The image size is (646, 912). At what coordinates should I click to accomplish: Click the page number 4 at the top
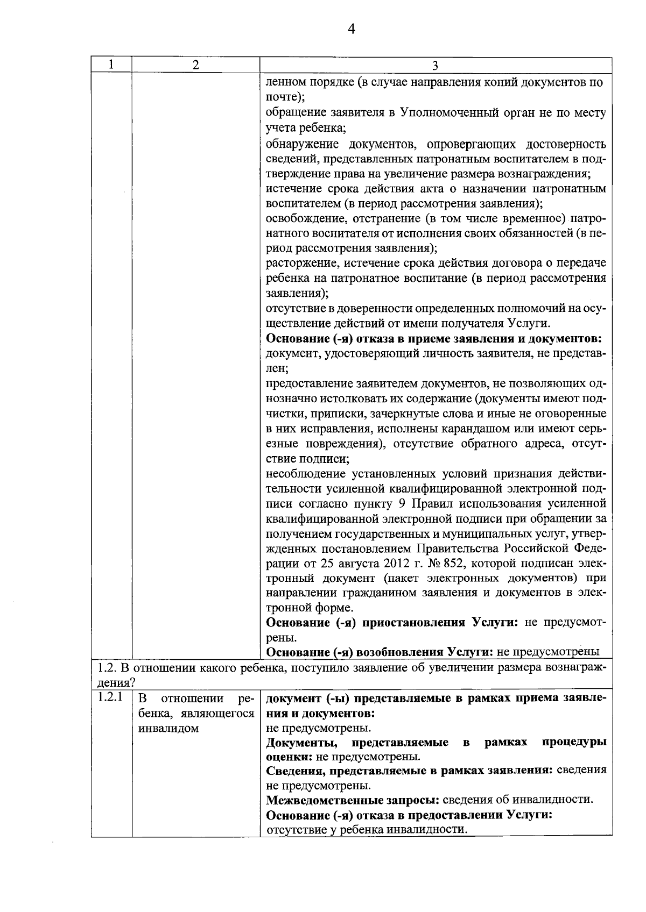click(x=351, y=29)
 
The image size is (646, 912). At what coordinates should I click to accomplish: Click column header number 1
click(x=111, y=65)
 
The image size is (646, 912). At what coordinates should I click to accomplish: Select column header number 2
click(x=196, y=65)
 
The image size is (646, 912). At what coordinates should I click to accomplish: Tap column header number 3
click(x=435, y=66)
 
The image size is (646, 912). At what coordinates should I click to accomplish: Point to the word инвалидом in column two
click(x=168, y=729)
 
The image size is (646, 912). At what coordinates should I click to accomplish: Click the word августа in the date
click(x=348, y=563)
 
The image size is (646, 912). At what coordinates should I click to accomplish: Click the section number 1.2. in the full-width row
click(x=107, y=668)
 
